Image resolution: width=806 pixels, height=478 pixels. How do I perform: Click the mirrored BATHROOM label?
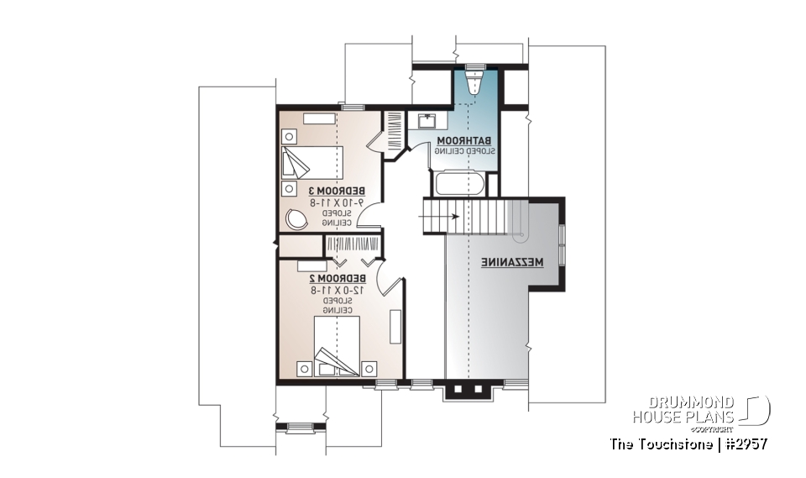click(463, 140)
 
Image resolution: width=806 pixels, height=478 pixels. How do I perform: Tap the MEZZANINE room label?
click(512, 262)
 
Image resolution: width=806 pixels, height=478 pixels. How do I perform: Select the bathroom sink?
click(428, 119)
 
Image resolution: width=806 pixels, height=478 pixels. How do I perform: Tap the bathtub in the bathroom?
click(458, 183)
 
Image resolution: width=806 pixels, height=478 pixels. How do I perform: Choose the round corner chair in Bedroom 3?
click(296, 218)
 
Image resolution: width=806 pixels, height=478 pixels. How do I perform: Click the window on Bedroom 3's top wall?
click(353, 106)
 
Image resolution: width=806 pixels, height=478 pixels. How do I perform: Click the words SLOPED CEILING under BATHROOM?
click(464, 150)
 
